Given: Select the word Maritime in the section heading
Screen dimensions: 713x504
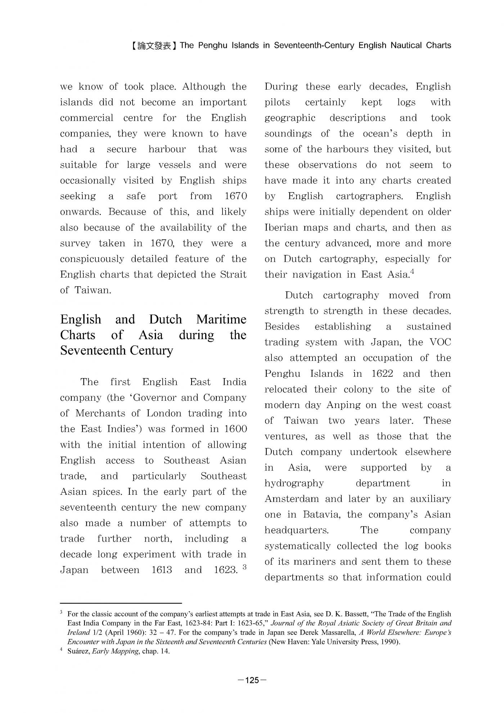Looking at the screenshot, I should (221, 319).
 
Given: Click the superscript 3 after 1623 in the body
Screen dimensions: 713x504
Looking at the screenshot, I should (244, 567).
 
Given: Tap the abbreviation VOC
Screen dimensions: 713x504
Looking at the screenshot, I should (440, 342).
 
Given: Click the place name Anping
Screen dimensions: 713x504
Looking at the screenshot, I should (343, 405).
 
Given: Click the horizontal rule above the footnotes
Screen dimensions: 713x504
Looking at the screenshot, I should (121, 603).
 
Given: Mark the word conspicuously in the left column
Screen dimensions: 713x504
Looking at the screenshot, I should (92, 259).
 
